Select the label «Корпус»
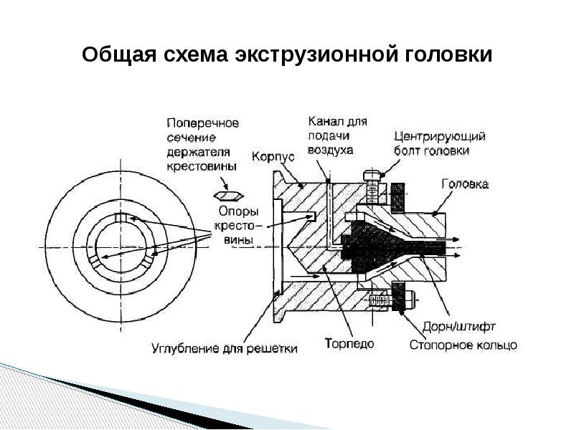click(x=270, y=155)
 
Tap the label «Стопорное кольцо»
click(x=463, y=345)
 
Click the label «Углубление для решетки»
click(x=224, y=349)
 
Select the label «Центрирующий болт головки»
click(x=441, y=143)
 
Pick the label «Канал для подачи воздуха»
click(x=337, y=135)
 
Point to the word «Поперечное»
click(x=202, y=123)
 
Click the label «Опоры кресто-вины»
click(x=234, y=226)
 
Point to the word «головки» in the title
click(x=451, y=55)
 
